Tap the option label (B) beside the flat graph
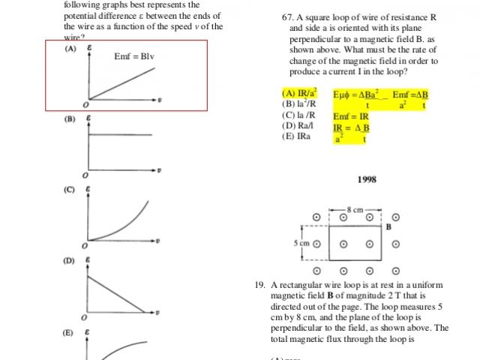70,118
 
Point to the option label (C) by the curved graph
70,189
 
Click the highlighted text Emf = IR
351,116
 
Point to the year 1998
366,179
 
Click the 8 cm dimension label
355,208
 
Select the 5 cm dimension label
302,243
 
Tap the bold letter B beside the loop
388,226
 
